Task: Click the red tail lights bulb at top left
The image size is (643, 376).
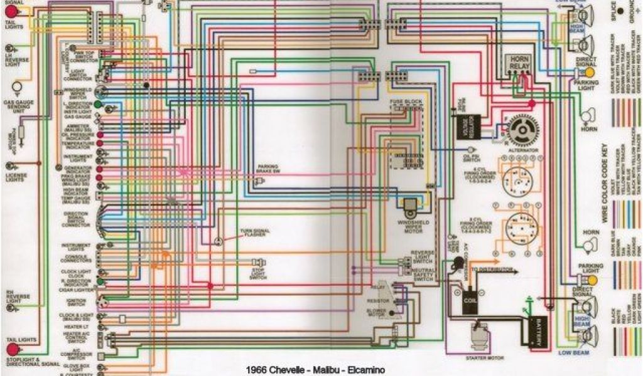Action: pos(13,14)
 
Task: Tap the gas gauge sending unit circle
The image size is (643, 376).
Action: pos(18,87)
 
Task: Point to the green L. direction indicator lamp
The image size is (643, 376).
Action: pos(99,104)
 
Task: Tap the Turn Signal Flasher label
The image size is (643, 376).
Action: pos(254,233)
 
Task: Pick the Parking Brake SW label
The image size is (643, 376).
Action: pos(266,169)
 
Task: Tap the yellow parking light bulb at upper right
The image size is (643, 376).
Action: pos(589,73)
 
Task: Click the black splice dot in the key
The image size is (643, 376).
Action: pos(620,11)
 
